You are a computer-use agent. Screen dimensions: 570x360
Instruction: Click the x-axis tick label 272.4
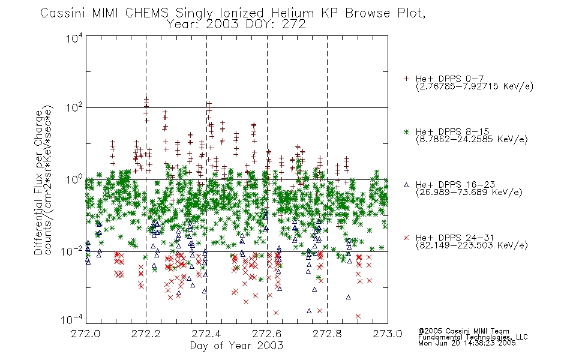point(206,334)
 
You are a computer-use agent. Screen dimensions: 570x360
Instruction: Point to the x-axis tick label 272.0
point(85,334)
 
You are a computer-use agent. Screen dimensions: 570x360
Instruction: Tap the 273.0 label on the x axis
point(388,334)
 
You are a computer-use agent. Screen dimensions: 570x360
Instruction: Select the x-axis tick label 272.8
point(327,334)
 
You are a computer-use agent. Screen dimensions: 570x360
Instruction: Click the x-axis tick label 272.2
point(146,334)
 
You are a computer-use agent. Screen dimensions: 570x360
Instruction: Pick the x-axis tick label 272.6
point(267,334)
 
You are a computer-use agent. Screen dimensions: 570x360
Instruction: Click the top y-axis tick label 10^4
point(74,37)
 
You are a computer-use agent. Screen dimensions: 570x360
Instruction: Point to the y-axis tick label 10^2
point(74,107)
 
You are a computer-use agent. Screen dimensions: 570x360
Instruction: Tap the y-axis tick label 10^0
point(74,179)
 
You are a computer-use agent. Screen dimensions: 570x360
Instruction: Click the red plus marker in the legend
point(406,79)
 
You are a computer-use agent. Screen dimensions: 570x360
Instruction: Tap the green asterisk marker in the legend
point(406,131)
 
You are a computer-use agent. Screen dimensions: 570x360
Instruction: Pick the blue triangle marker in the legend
point(406,185)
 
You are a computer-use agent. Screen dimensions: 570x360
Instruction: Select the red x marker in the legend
point(406,238)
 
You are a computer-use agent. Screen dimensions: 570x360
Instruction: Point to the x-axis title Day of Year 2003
point(236,346)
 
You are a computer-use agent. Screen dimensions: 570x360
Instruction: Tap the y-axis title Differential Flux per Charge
point(38,182)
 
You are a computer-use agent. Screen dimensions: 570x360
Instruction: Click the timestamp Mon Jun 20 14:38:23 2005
point(467,343)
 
